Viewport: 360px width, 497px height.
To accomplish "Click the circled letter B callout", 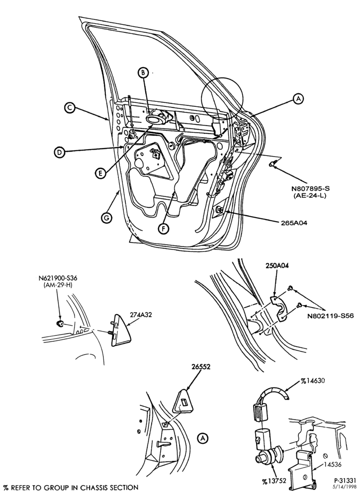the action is tap(143, 73).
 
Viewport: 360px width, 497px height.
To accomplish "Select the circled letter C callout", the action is tap(69, 108).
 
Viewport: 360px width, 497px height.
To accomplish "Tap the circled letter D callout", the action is tap(59, 153).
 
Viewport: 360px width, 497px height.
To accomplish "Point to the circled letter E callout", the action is tap(100, 173).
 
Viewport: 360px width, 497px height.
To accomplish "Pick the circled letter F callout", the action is tap(164, 228).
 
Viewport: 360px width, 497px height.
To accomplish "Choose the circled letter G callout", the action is tap(107, 218).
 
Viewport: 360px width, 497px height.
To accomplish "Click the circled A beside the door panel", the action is tap(298, 99).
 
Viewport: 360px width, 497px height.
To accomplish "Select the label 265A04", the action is tap(293, 223).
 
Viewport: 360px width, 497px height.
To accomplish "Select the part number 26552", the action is tap(201, 367).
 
